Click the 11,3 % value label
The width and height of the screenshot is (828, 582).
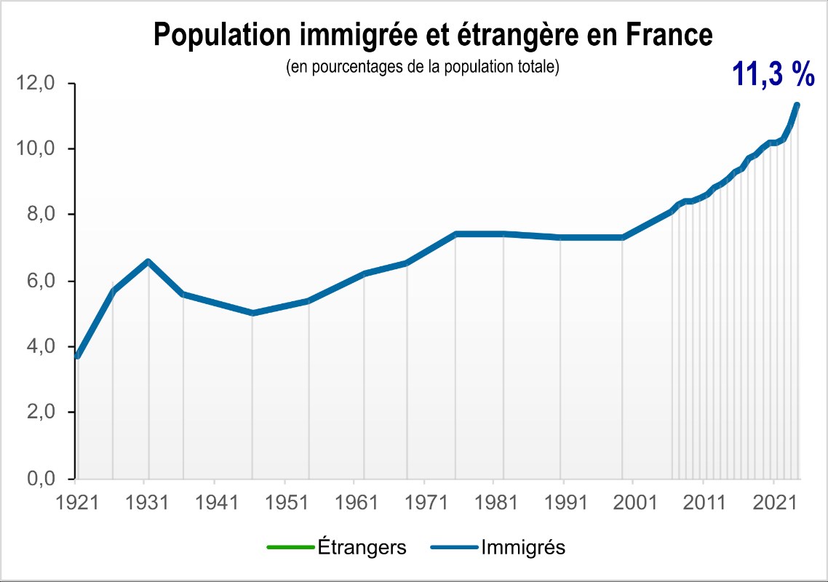click(773, 74)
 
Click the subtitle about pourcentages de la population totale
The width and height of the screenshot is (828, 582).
click(423, 67)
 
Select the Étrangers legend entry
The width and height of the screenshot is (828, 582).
click(337, 547)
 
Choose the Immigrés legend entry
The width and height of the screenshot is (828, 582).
click(498, 547)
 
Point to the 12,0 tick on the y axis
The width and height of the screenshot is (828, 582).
click(36, 83)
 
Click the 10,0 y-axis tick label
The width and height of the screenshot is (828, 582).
click(36, 148)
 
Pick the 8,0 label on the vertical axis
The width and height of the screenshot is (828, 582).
click(41, 214)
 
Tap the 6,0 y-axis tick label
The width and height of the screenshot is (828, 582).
click(41, 280)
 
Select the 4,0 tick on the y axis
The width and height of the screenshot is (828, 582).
click(41, 346)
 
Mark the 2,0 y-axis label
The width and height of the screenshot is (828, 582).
click(41, 412)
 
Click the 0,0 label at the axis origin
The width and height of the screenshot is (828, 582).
click(41, 479)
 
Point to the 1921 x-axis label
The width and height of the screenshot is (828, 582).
click(77, 502)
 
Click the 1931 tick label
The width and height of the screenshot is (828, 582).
click(147, 502)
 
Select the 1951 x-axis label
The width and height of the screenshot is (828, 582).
click(287, 502)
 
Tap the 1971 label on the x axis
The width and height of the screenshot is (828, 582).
click(426, 502)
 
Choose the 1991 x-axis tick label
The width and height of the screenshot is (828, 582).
click(565, 502)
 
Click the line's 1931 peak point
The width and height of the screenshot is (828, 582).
click(148, 261)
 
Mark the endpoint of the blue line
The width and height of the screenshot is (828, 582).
click(797, 105)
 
